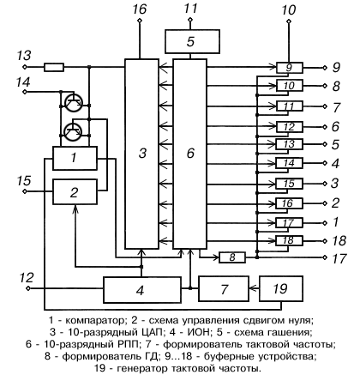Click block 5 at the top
pyautogui.click(x=192, y=41)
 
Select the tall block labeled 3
pyautogui.click(x=141, y=154)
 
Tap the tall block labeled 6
pyautogui.click(x=190, y=154)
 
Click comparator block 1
pyautogui.click(x=75, y=158)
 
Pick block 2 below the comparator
pyautogui.click(x=75, y=191)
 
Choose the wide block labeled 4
pyautogui.click(x=142, y=290)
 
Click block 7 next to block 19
pyautogui.click(x=224, y=288)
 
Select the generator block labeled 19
pyautogui.click(x=281, y=288)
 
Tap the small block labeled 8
pyautogui.click(x=232, y=257)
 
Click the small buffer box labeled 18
pyautogui.click(x=289, y=241)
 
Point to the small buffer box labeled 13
pyautogui.click(x=289, y=144)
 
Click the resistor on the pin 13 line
pyautogui.click(x=54, y=67)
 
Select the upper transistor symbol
pyautogui.click(x=74, y=102)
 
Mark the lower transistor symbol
pyautogui.click(x=74, y=132)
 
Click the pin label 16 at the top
pyautogui.click(x=139, y=9)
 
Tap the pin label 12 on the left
pyautogui.click(x=27, y=277)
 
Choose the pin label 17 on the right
pyautogui.click(x=339, y=258)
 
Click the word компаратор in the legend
pyautogui.click(x=95, y=320)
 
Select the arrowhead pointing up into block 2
pyautogui.click(x=75, y=209)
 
